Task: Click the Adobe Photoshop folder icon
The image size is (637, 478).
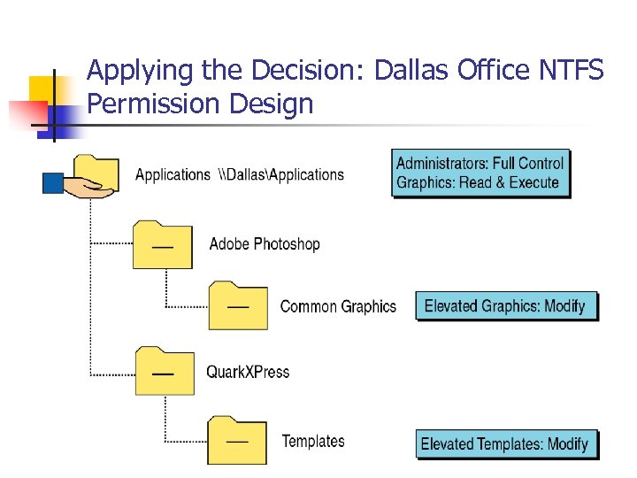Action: tap(162, 245)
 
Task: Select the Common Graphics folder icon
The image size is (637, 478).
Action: tap(238, 305)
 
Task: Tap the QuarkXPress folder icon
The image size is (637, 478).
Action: tap(165, 371)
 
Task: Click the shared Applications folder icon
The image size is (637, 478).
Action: tap(96, 170)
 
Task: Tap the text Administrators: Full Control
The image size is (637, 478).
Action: tap(480, 163)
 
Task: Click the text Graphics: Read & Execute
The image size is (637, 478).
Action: tap(478, 182)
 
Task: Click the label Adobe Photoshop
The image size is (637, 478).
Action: tap(265, 243)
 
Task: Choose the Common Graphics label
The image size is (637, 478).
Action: tap(338, 306)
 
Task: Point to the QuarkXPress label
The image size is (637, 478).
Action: tap(248, 372)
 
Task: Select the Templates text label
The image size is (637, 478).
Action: tap(313, 441)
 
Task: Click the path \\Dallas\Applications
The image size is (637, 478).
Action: tap(280, 174)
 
